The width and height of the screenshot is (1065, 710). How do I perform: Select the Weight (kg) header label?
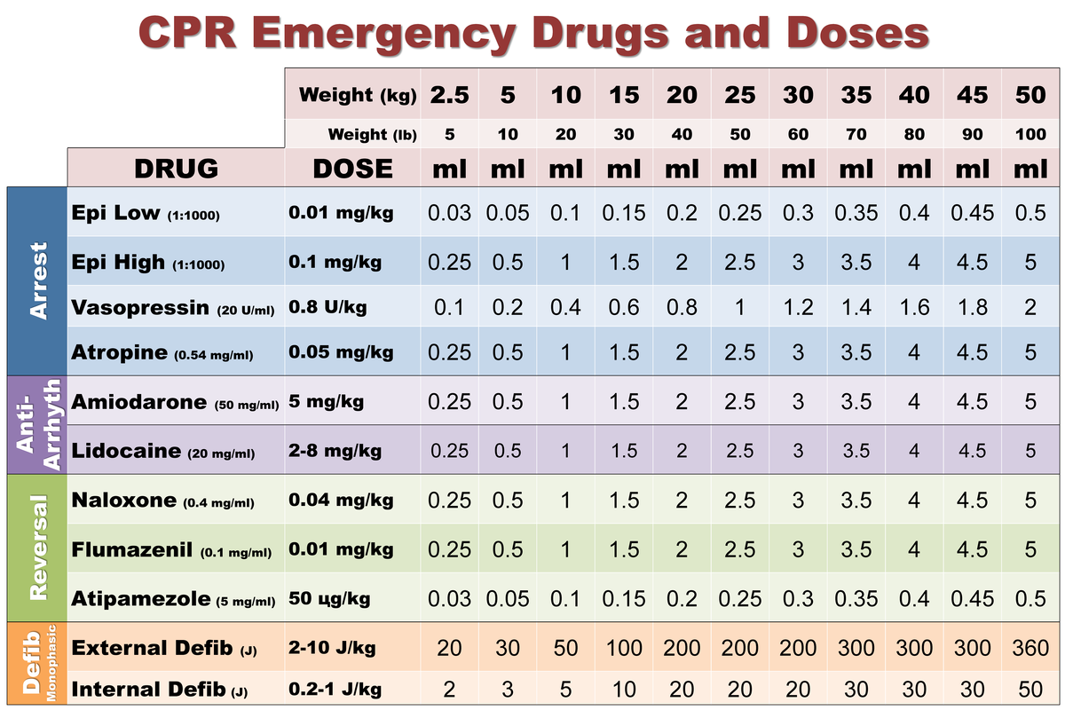(358, 95)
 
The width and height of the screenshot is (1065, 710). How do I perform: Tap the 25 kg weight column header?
(740, 95)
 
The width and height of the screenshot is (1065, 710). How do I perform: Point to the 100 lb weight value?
(1029, 135)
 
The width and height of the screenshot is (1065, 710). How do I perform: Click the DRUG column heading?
(176, 168)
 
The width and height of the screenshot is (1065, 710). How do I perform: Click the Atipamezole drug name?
(141, 598)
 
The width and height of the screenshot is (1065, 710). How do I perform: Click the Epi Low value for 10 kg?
(565, 213)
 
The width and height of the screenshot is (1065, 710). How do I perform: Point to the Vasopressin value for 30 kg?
(798, 309)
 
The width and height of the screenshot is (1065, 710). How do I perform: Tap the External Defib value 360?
(1029, 648)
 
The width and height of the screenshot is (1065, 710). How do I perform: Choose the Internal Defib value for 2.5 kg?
(449, 690)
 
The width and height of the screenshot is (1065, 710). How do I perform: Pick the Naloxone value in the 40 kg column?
(914, 501)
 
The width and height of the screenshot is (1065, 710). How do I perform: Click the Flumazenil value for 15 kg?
(624, 549)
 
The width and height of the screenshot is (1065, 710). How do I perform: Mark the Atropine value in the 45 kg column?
(972, 352)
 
